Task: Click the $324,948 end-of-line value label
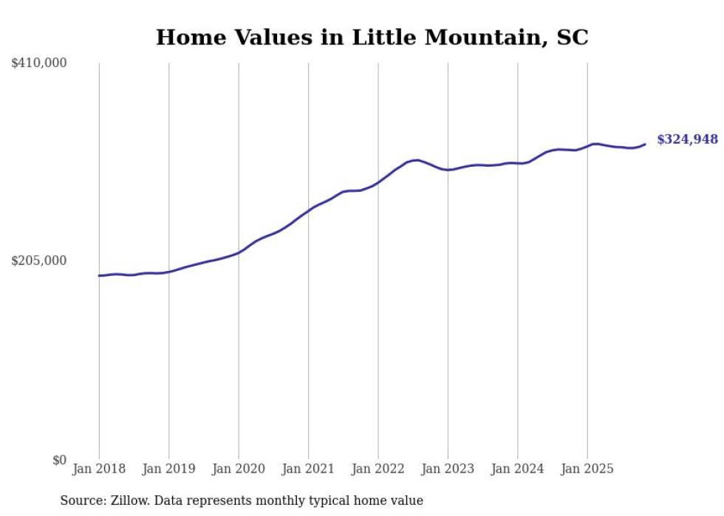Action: pos(686,140)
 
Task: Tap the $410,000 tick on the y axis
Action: pos(39,63)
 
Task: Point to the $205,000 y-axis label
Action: pos(39,261)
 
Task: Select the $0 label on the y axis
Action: pos(59,460)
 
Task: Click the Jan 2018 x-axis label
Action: pos(99,469)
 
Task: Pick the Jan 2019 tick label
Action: pos(168,469)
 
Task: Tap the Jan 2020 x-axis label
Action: pos(239,469)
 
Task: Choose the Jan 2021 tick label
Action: pos(308,469)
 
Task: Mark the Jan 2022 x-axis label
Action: pos(378,469)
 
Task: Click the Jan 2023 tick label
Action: pos(448,469)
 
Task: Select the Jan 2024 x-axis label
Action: pos(517,469)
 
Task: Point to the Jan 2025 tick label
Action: pos(587,469)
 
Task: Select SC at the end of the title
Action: pos(573,38)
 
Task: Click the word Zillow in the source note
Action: pos(126,500)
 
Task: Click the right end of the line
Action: pos(646,144)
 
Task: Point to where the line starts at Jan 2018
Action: pos(99,275)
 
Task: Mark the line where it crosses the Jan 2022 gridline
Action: pos(378,182)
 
